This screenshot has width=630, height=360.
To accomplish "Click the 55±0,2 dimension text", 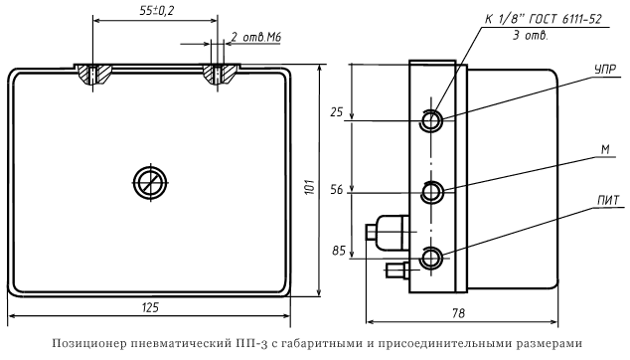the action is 157,11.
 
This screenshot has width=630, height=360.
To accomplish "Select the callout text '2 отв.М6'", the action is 256,38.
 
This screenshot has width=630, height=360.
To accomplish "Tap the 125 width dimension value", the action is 150,307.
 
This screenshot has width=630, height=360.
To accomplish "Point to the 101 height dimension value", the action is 309,188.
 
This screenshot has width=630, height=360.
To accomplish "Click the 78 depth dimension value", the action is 458,313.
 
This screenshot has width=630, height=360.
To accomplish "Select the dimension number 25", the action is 337,112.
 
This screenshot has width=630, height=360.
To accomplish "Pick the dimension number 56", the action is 337,190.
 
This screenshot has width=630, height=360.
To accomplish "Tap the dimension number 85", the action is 339,251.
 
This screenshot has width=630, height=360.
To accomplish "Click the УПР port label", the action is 605,70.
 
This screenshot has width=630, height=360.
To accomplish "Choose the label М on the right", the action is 605,149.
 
